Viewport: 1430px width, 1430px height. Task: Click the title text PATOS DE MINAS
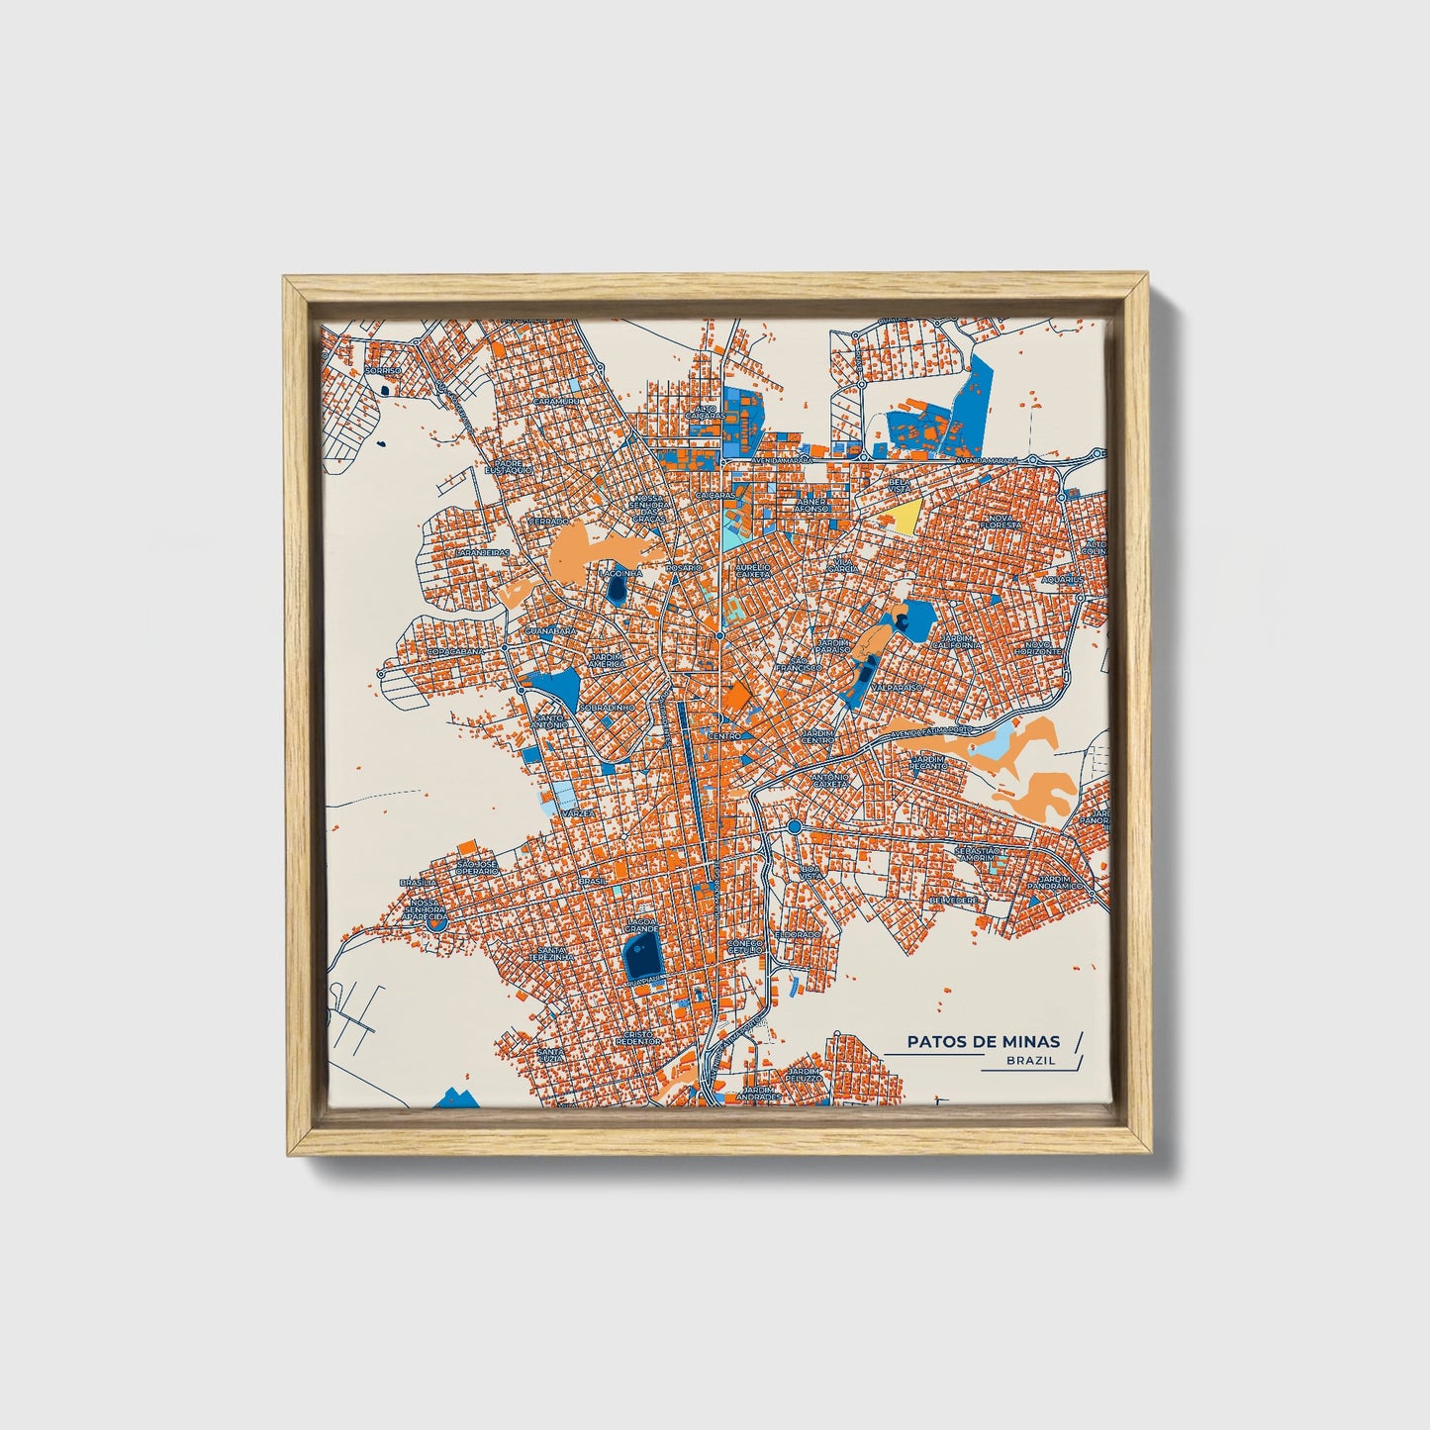[x=984, y=1041]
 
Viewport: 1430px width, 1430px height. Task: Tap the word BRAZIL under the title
[x=1030, y=1061]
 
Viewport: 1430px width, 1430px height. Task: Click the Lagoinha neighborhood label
[x=620, y=573]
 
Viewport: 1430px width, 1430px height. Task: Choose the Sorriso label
[x=384, y=370]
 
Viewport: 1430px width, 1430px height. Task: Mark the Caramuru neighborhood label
[x=555, y=402]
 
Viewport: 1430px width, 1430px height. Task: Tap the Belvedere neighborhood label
[x=954, y=901]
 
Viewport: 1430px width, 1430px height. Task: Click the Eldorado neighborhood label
[x=799, y=933]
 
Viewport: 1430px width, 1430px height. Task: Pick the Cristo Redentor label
[x=637, y=1037]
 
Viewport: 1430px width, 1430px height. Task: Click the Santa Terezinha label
[x=550, y=954]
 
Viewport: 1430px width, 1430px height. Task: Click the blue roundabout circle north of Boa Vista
[x=794, y=826]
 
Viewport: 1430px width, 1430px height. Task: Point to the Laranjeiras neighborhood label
[x=482, y=553]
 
